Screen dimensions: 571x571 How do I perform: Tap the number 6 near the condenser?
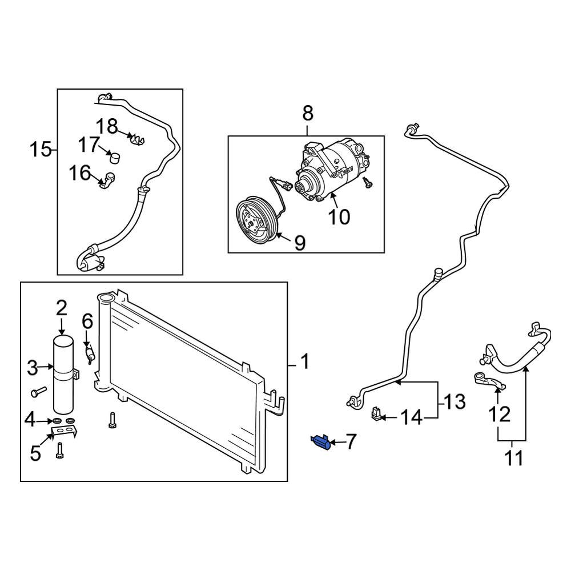(x=87, y=321)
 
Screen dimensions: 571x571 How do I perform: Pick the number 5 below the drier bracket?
(x=35, y=453)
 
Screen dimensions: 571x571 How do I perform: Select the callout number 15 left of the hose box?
(x=41, y=150)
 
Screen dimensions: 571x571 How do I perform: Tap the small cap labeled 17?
(x=114, y=156)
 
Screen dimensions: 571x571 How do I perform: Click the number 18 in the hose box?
(x=106, y=126)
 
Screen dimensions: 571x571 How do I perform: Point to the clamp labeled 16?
(x=107, y=180)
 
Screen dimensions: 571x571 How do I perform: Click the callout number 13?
(x=455, y=401)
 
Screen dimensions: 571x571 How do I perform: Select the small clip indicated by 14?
(x=376, y=414)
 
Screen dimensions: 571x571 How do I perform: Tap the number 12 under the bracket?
(x=500, y=414)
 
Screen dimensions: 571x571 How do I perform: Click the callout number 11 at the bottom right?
(x=514, y=458)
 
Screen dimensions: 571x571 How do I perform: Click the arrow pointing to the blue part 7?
(x=337, y=442)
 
